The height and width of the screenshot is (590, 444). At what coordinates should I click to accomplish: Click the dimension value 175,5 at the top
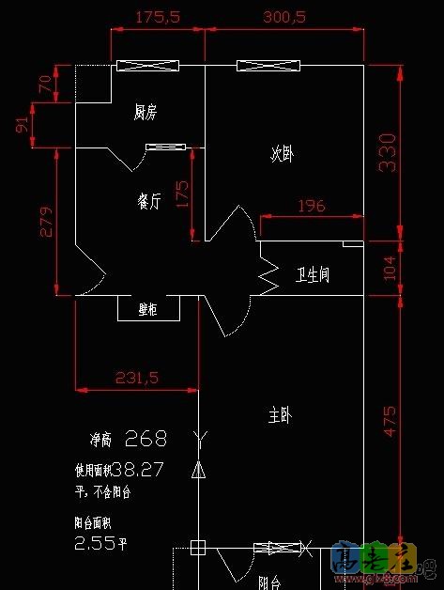(157, 17)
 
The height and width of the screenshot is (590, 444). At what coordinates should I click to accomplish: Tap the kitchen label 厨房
(145, 113)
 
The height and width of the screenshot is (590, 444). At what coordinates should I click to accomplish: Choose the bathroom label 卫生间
(312, 274)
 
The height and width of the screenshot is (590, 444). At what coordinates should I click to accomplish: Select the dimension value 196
(311, 206)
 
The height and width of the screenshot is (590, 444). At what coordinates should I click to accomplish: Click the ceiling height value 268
(145, 438)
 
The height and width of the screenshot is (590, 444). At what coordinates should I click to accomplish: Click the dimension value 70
(44, 83)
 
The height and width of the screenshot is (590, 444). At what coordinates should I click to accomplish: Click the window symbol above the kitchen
(147, 66)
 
